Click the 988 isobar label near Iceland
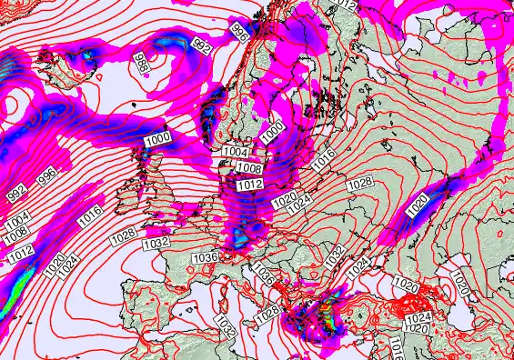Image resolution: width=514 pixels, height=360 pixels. (142, 64)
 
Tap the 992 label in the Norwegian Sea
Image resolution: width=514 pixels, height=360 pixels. (202, 45)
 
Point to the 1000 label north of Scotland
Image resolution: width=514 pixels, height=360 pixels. (157, 138)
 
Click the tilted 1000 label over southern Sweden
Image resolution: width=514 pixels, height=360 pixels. (272, 132)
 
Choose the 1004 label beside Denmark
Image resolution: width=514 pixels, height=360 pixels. (235, 152)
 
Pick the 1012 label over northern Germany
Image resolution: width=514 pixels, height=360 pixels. (250, 185)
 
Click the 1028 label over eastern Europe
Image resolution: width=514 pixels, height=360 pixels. (360, 184)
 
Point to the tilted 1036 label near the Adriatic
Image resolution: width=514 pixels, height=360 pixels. (263, 273)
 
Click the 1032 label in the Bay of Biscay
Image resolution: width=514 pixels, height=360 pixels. (156, 244)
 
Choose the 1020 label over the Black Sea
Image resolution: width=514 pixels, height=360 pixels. (408, 287)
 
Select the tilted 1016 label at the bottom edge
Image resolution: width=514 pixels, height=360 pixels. (396, 349)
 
